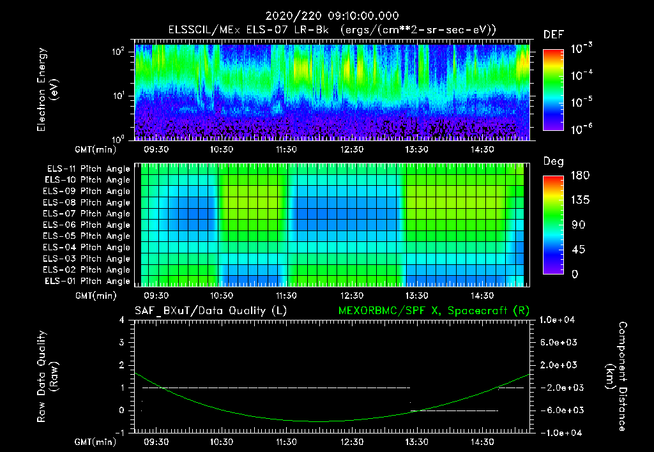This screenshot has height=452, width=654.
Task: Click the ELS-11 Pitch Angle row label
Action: [x=88, y=169]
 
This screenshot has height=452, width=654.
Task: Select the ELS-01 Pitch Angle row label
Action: [x=88, y=282]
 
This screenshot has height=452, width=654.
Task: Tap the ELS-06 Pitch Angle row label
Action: [x=88, y=225]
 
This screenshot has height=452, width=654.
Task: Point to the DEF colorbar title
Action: [x=553, y=34]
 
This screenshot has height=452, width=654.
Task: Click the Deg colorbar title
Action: [x=553, y=162]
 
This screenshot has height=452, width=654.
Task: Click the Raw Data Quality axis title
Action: [x=48, y=376]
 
